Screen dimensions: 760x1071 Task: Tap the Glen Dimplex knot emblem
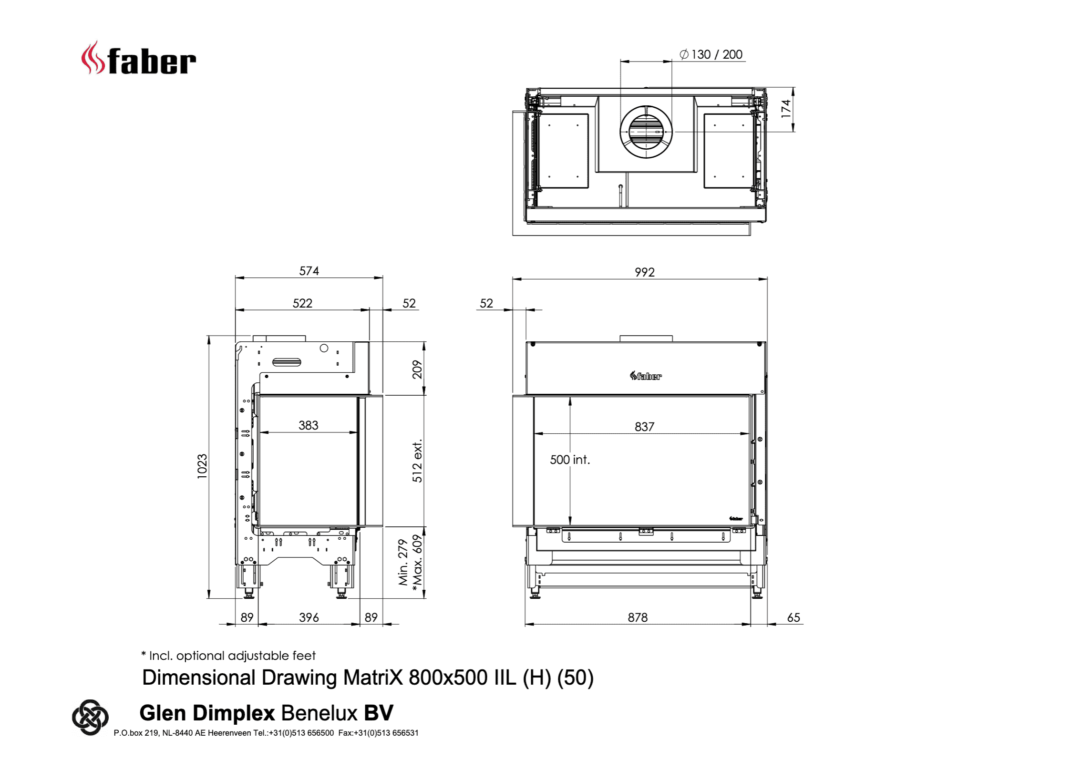90,717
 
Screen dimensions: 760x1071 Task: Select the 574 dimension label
309,271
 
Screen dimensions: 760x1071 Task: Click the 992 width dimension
644,272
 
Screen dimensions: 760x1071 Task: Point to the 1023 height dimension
202,466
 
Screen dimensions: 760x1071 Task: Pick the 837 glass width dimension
644,426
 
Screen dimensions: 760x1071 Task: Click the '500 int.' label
570,460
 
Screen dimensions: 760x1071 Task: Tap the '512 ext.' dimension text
417,461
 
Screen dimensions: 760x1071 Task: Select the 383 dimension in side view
308,425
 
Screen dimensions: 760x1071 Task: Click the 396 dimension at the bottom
309,617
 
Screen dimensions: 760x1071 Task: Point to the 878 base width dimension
638,617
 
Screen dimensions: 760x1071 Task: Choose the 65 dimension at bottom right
793,617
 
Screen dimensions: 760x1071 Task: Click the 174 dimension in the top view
786,109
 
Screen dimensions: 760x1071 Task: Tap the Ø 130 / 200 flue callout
711,54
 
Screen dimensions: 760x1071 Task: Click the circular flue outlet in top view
646,132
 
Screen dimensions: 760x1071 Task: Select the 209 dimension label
417,370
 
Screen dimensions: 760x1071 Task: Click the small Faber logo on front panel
646,376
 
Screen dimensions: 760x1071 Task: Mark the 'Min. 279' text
403,562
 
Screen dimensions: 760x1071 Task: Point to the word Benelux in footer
319,713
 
